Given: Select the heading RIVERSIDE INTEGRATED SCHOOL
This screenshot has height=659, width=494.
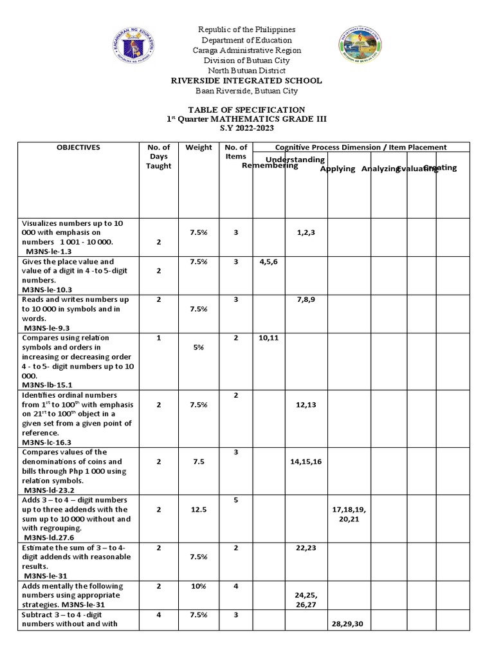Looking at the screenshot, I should click(x=246, y=80).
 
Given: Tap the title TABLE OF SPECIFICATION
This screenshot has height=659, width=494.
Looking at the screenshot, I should click(x=246, y=110).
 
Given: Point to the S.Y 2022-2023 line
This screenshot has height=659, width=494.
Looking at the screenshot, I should click(x=246, y=128).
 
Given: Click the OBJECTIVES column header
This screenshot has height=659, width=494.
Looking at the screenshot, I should click(x=78, y=147).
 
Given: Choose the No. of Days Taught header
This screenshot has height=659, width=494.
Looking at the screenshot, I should click(x=158, y=156).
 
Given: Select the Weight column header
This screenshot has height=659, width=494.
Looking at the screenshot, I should click(x=199, y=147).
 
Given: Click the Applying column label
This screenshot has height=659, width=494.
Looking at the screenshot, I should click(x=338, y=169).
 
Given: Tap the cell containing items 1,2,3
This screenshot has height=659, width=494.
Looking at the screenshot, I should click(x=306, y=232).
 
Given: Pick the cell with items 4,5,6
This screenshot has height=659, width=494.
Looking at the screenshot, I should click(x=268, y=262).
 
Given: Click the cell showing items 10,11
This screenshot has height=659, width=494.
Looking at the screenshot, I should click(x=268, y=337).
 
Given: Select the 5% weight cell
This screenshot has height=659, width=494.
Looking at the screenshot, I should click(x=199, y=347).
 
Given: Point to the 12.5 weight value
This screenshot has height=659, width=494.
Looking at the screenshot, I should click(x=199, y=509).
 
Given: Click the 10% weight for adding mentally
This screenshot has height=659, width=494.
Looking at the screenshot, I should click(x=199, y=586).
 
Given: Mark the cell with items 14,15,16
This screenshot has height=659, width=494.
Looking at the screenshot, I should click(x=306, y=461).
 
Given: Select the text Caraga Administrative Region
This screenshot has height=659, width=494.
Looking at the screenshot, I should click(x=246, y=50).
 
